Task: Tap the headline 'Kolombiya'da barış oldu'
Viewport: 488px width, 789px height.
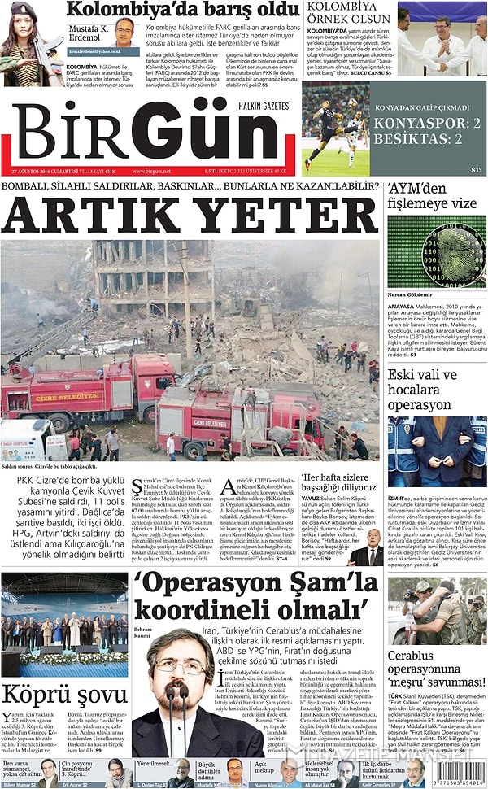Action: pos(183,10)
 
